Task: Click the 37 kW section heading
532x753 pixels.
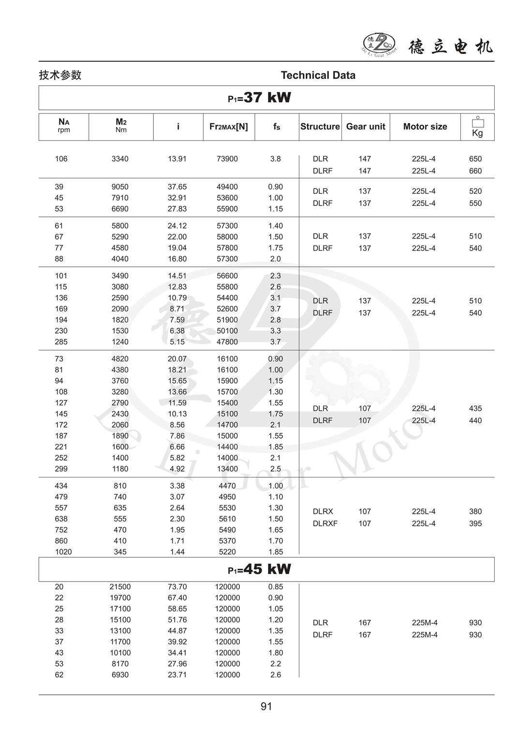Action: [x=260, y=98]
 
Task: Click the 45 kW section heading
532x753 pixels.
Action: [x=260, y=569]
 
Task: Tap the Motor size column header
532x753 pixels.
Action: [x=425, y=127]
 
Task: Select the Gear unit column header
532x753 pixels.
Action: [x=366, y=127]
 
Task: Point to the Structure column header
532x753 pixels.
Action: [x=320, y=127]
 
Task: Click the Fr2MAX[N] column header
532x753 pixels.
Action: [x=228, y=127]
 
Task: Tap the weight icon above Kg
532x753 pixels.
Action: [x=477, y=122]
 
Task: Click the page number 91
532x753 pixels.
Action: [x=266, y=707]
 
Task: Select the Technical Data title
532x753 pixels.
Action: [x=318, y=76]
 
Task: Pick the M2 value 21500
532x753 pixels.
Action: [x=120, y=587]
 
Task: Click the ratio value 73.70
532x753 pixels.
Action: [x=177, y=587]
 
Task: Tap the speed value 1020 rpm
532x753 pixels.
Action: [x=63, y=552]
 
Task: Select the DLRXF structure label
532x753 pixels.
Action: [x=325, y=523]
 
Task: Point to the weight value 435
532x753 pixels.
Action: [x=475, y=409]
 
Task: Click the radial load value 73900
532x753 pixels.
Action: [x=227, y=159]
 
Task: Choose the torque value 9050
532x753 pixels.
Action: [x=120, y=187]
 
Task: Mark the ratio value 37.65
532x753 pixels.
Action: [x=177, y=187]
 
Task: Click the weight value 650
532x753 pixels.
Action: [x=475, y=159]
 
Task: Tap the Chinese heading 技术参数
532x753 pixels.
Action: [x=60, y=76]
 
